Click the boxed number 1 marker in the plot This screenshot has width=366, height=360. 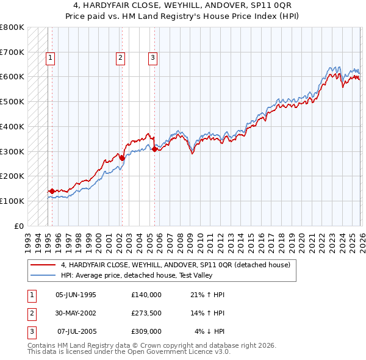pyautogui.click(x=49, y=58)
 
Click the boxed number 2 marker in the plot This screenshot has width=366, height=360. pyautogui.click(x=120, y=58)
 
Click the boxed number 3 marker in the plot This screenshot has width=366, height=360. pyautogui.click(x=152, y=58)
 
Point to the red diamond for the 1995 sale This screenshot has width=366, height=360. pyautogui.click(x=52, y=191)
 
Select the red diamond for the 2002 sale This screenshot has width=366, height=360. pyautogui.click(x=122, y=158)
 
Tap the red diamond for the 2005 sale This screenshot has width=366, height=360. pyautogui.click(x=154, y=149)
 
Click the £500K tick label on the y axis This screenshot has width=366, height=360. pyautogui.click(x=12, y=101)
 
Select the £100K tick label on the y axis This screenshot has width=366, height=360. pyautogui.click(x=12, y=201)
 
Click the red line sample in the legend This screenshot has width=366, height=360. pyautogui.click(x=43, y=265)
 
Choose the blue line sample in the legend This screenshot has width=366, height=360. pyautogui.click(x=43, y=275)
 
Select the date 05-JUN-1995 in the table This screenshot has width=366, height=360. pyautogui.click(x=76, y=295)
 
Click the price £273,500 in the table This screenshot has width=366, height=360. pyautogui.click(x=146, y=313)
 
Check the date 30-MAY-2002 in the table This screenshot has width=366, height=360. pyautogui.click(x=76, y=313)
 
